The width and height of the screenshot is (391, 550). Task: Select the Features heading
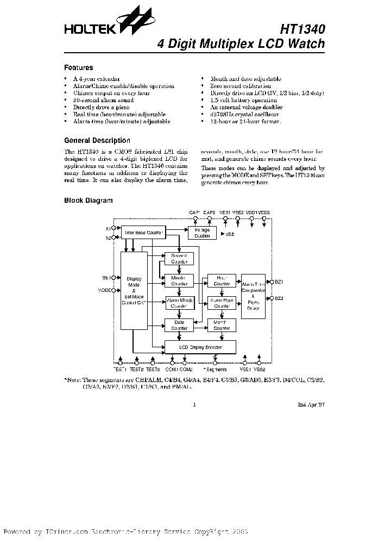(x=79, y=68)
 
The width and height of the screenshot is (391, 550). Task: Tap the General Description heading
(x=97, y=140)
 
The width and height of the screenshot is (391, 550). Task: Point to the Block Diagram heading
(x=89, y=201)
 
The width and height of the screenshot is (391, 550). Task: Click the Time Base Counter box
(x=144, y=232)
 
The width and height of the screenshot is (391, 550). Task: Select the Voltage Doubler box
(x=201, y=232)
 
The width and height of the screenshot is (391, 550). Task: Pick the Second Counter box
(x=179, y=258)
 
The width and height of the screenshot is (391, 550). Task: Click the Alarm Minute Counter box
(x=179, y=303)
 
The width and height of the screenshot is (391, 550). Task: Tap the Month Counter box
(x=222, y=325)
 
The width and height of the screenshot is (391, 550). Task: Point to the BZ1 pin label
(x=279, y=282)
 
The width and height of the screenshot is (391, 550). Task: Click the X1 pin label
(x=108, y=228)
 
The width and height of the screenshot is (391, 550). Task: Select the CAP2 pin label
(x=210, y=212)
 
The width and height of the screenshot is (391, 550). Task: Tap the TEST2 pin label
(x=137, y=370)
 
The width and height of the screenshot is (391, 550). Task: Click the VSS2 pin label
(x=260, y=370)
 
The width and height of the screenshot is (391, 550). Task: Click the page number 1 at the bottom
(x=194, y=404)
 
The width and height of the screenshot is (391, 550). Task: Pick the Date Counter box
(x=179, y=325)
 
